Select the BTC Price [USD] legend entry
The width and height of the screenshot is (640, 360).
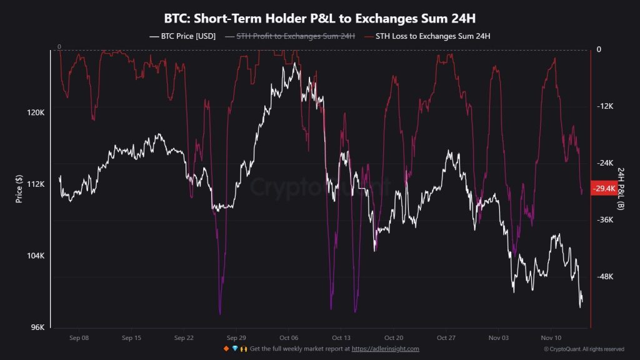coord(183,36)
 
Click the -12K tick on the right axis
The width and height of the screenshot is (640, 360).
coord(604,106)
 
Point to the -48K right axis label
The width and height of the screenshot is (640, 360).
coord(604,277)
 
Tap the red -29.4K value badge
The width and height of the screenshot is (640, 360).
coord(604,188)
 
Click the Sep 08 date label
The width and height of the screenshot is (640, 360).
coord(79,337)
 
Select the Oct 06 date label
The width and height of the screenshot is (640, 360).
coord(289,337)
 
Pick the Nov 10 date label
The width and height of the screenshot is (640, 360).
coord(551,337)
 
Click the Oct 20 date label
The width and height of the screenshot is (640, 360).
coord(394,337)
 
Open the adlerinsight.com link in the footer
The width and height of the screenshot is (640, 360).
coord(385,349)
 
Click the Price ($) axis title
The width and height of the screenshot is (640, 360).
coord(19,189)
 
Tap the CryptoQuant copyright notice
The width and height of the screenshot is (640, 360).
coord(584,349)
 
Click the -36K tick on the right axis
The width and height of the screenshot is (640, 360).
coord(604,220)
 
